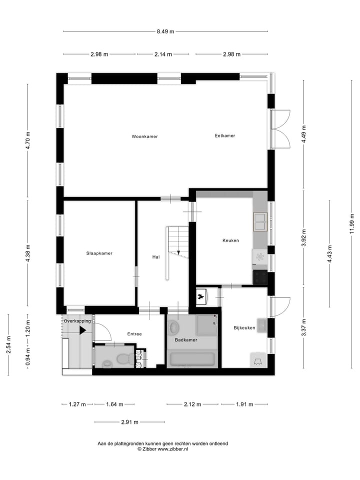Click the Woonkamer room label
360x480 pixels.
click(x=144, y=136)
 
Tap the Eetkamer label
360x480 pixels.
click(x=224, y=135)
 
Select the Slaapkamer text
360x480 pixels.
click(x=99, y=253)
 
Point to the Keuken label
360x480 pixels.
click(x=230, y=240)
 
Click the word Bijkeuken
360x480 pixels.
click(x=244, y=328)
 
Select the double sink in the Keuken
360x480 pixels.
click(x=260, y=221)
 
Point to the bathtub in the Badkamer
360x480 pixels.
click(x=192, y=358)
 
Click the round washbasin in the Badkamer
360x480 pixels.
click(x=173, y=328)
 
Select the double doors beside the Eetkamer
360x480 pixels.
click(x=279, y=128)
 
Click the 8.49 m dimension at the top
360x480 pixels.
click(x=165, y=31)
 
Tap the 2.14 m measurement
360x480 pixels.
click(x=163, y=54)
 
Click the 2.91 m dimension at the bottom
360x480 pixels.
click(x=129, y=422)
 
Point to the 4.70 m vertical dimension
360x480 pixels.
click(x=28, y=140)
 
